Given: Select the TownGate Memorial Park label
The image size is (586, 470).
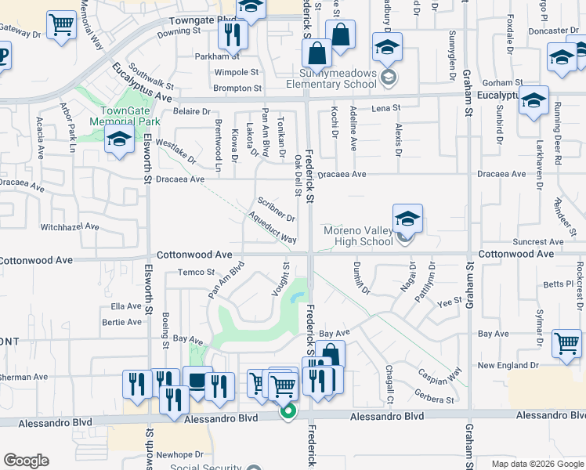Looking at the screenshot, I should (x=125, y=117).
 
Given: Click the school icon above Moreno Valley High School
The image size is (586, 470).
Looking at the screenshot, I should (x=407, y=219).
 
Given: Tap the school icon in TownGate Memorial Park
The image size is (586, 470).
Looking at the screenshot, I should (x=119, y=139).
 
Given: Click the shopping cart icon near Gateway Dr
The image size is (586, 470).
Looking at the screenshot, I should (x=60, y=24).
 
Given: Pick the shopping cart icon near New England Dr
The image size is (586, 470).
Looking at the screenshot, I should (x=566, y=342).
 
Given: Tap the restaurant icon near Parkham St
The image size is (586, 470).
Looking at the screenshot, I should (x=233, y=34).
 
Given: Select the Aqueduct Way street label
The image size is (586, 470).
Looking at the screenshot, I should (x=272, y=228).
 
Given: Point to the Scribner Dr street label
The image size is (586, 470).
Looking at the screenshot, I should (x=276, y=208).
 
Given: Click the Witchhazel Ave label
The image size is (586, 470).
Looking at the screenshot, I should (x=71, y=227).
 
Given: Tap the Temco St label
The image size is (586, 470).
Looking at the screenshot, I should (x=196, y=273).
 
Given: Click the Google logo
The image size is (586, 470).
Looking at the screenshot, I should (x=26, y=461).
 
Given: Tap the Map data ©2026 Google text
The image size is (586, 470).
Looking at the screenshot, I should (x=537, y=464).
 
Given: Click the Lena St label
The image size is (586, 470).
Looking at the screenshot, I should (x=385, y=107).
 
